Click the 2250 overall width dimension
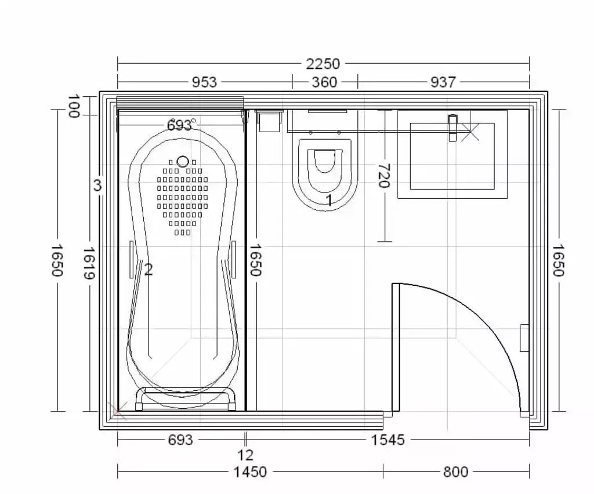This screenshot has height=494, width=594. tap(323, 64)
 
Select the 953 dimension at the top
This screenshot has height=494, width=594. tap(204, 82)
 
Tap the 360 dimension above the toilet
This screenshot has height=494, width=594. tap(324, 82)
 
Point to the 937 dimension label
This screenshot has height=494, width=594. tap(443, 82)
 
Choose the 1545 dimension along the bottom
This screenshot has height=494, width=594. tap(387, 440)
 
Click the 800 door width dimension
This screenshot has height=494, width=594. tap(456, 471)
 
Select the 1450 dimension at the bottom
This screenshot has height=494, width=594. tap(250, 471)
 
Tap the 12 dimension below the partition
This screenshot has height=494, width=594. tap(245, 455)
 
